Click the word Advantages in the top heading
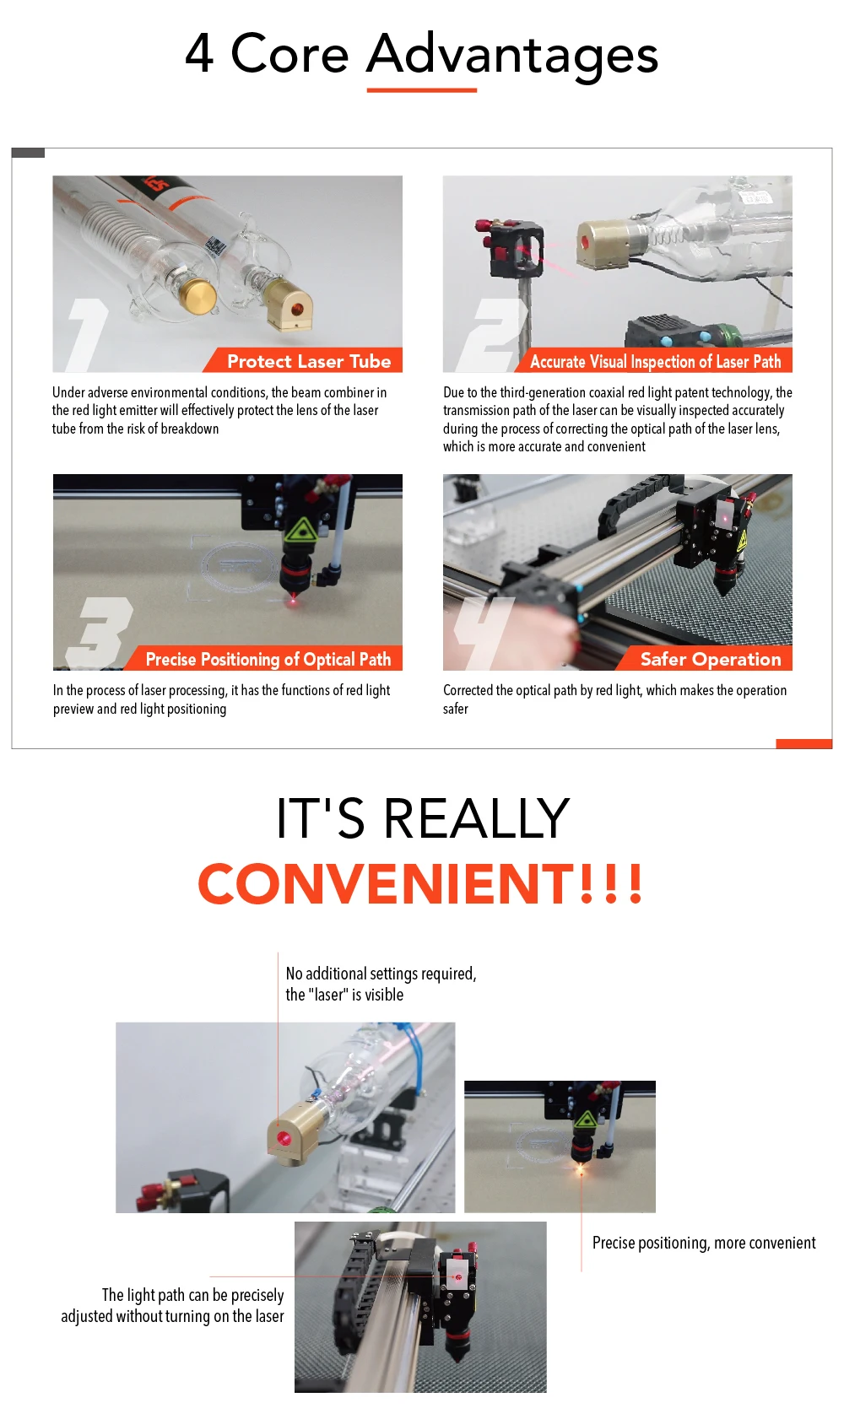[512, 55]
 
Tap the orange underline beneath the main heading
[421, 90]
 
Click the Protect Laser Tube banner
[303, 360]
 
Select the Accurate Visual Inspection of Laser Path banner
[652, 360]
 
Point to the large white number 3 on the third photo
[100, 632]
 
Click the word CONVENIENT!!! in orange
[420, 883]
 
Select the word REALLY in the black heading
[477, 818]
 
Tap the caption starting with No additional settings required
[381, 984]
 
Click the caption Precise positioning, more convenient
[704, 1243]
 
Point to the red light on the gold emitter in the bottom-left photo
[284, 1139]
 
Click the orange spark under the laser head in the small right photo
[580, 1168]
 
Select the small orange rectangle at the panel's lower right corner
[804, 744]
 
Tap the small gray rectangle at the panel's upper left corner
[28, 153]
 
